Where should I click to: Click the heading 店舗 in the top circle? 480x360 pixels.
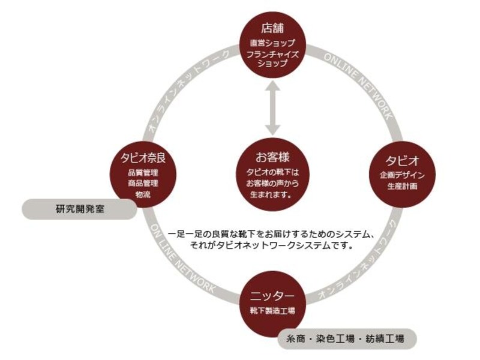[272, 28]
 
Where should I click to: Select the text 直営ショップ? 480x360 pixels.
[272, 43]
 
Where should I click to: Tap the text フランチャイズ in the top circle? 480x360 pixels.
[272, 55]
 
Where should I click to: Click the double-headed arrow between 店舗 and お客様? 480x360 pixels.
[272, 108]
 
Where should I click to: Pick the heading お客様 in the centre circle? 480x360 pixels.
[272, 157]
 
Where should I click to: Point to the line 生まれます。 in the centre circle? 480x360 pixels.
[271, 194]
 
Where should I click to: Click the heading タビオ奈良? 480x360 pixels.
[143, 158]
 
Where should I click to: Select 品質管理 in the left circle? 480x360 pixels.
[143, 173]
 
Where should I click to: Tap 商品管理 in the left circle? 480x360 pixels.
[143, 184]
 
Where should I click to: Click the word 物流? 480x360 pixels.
[143, 194]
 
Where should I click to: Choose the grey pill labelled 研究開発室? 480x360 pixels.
[80, 209]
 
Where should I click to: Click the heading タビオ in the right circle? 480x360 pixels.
[402, 160]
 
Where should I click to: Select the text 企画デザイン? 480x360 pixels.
[402, 175]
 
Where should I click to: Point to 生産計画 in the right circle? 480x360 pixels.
[402, 186]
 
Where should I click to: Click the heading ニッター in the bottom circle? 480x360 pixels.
[272, 296]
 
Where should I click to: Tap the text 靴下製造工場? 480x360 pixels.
[272, 311]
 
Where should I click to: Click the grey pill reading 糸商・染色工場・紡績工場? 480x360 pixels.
[347, 339]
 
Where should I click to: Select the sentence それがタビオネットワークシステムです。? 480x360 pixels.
[271, 245]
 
